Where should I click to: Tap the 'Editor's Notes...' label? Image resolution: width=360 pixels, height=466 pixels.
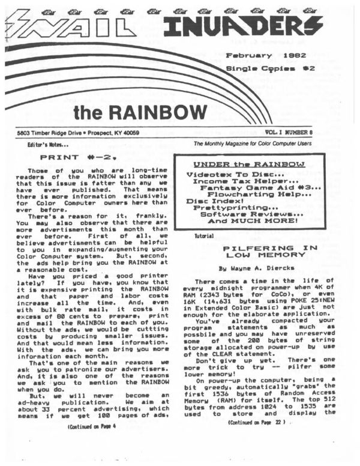[46, 145]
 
